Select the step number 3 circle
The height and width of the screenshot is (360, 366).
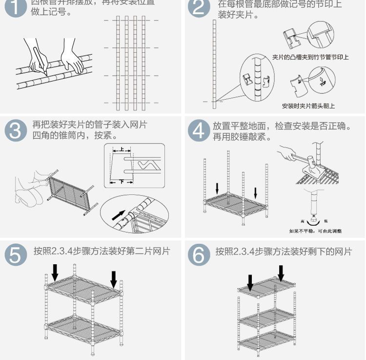point(16,131)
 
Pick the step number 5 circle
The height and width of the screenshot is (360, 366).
point(16,255)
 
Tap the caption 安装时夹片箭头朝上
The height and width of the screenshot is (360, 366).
point(308,106)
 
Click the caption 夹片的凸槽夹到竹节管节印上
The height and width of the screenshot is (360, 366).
point(310,58)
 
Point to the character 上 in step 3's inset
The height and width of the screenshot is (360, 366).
point(122,150)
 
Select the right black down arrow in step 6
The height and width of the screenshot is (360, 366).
point(281,273)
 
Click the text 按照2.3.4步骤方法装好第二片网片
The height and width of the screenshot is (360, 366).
point(102,252)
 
